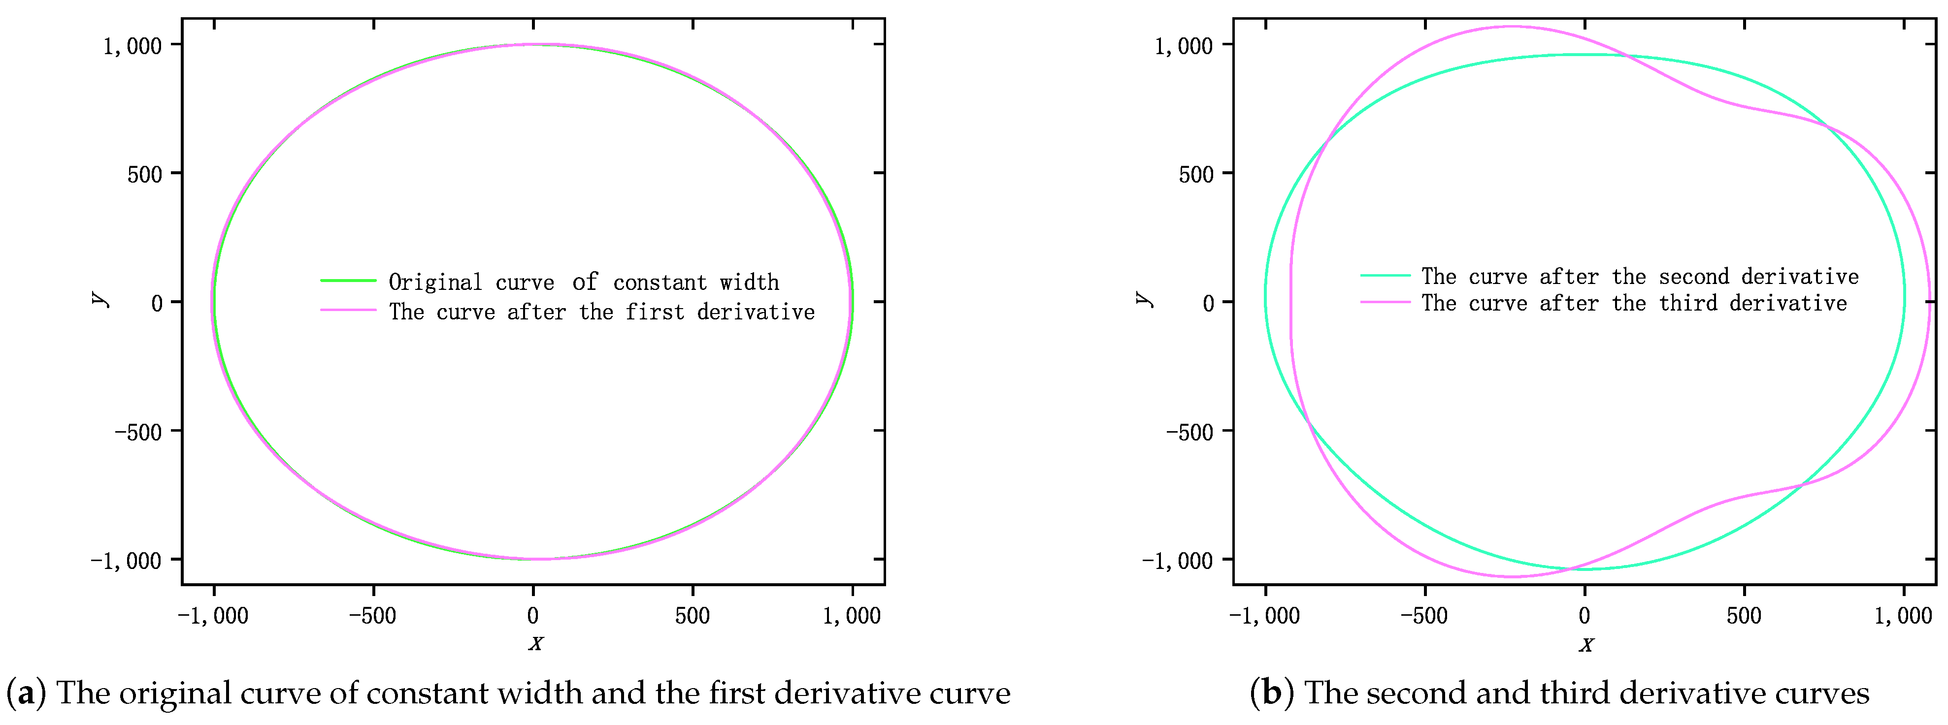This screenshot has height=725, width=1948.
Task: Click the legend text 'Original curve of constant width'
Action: coord(583,282)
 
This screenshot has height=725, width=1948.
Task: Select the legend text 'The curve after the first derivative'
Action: coord(601,312)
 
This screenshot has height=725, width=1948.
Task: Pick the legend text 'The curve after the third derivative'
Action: coord(1633,303)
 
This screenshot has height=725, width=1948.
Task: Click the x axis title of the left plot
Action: coord(535,643)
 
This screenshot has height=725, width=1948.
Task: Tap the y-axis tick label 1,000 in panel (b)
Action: coord(1184,46)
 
